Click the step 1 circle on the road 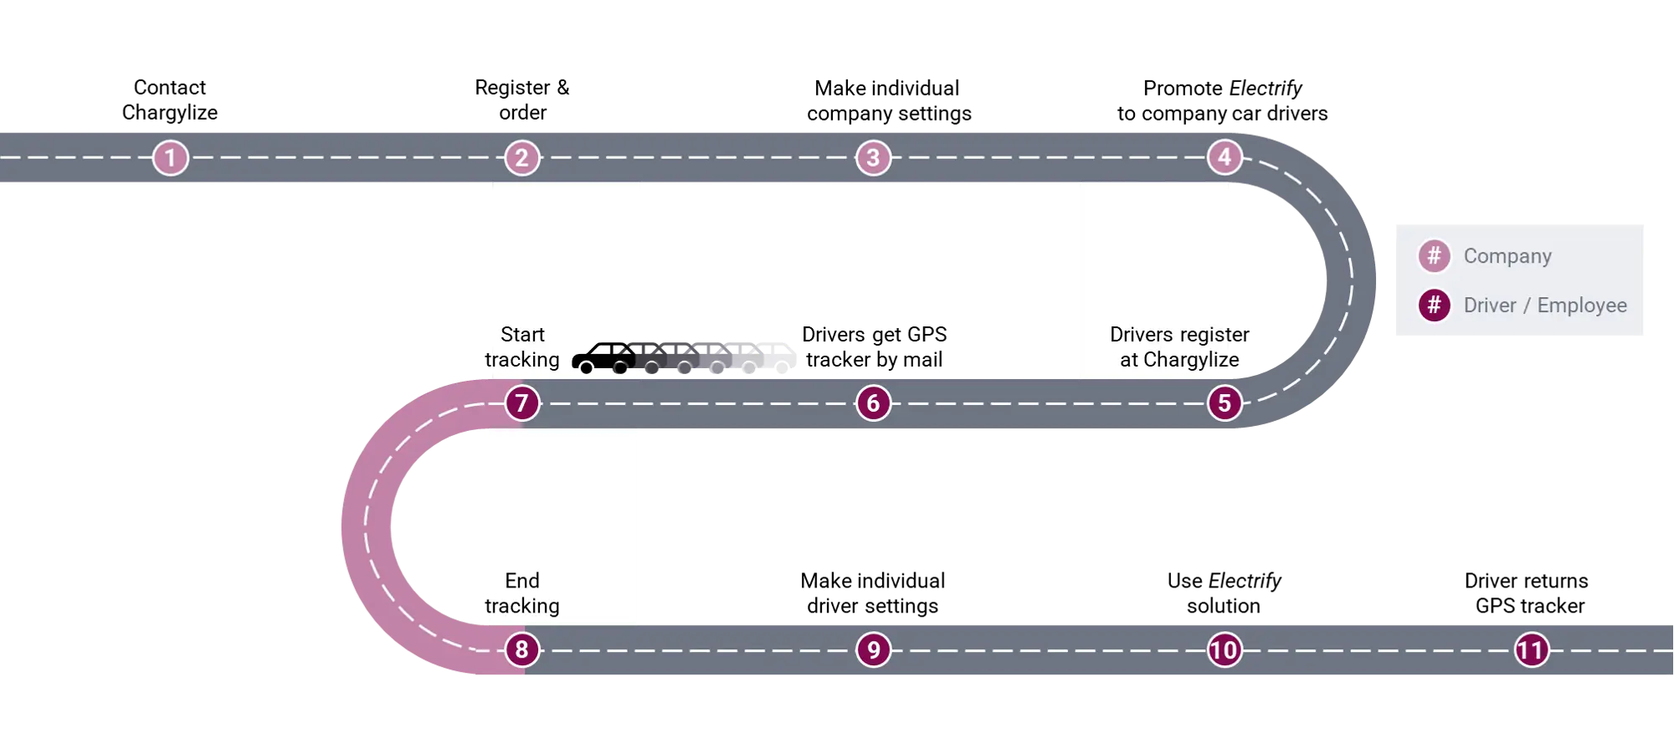(170, 157)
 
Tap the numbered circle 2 (522, 157)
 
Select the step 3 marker (873, 157)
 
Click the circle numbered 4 (1225, 156)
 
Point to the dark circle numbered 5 (1225, 403)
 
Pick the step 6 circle (873, 403)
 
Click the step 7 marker (522, 403)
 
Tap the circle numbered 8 (522, 649)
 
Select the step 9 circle (873, 649)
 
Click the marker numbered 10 (1224, 650)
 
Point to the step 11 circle (1532, 650)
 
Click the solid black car (604, 358)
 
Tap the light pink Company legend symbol (1434, 255)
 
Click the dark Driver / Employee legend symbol (1434, 305)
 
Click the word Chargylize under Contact (170, 113)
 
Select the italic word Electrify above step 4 (1266, 89)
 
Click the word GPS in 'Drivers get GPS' (927, 335)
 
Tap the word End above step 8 (522, 581)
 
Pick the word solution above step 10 (1224, 606)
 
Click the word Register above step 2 (512, 89)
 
